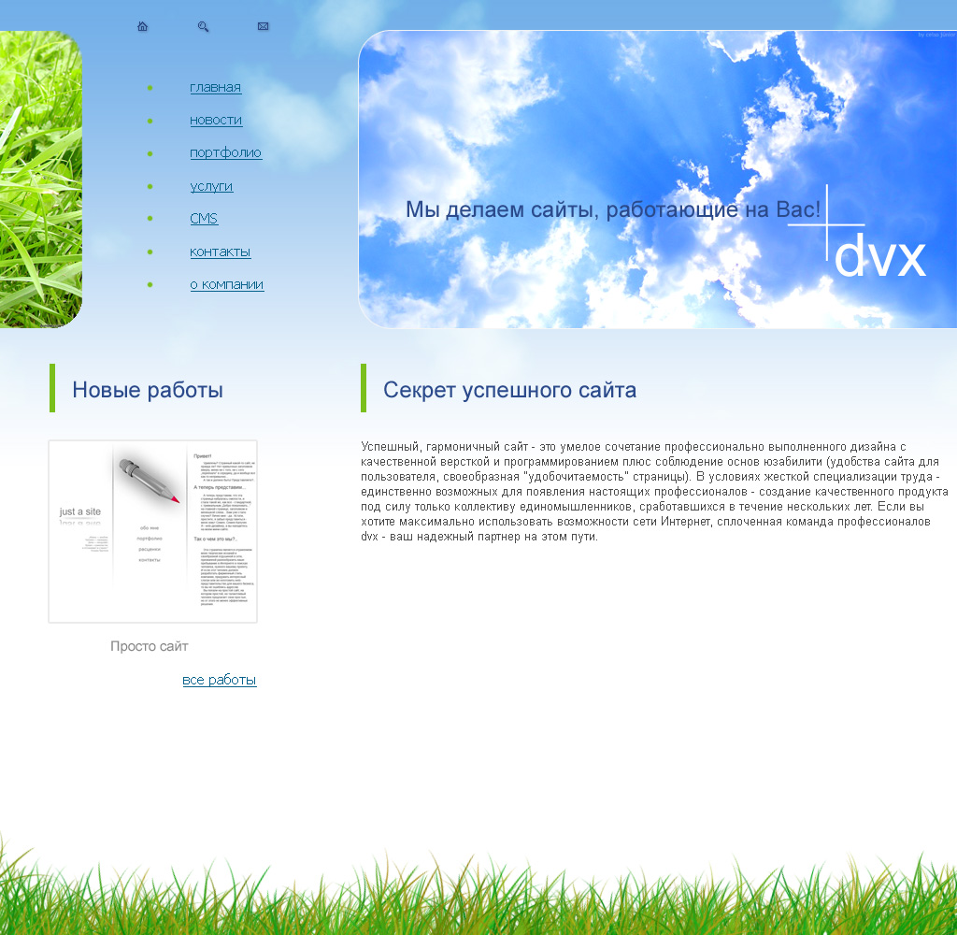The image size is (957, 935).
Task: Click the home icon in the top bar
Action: [142, 26]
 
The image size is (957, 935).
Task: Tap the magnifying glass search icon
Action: [203, 26]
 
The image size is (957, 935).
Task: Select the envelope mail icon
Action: [263, 26]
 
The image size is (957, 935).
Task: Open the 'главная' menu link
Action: [215, 88]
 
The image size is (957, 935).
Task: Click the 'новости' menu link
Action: [216, 121]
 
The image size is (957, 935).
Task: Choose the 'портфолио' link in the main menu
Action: [225, 153]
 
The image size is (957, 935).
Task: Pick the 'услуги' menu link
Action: [211, 186]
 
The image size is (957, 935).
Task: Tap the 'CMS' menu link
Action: [204, 219]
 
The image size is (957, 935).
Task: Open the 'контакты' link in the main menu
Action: [220, 252]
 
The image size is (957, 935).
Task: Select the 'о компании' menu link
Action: [226, 284]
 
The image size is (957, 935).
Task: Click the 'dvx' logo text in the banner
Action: [879, 257]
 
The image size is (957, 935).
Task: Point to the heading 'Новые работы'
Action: [148, 390]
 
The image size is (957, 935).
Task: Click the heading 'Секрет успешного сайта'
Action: [509, 390]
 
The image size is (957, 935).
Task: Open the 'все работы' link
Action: [220, 680]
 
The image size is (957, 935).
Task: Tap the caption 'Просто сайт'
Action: [150, 646]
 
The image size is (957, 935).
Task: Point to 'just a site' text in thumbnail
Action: [80, 511]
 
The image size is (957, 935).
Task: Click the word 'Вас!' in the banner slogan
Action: [798, 209]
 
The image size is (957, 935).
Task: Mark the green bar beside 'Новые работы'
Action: [52, 388]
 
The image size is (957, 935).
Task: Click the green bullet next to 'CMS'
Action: [150, 219]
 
